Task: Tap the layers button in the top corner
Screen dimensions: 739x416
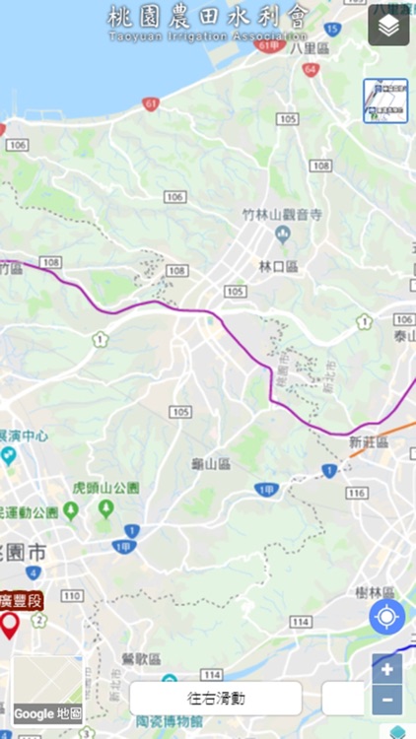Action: (x=388, y=27)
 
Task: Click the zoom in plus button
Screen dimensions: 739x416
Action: (x=387, y=669)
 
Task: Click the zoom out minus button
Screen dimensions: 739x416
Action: (x=387, y=700)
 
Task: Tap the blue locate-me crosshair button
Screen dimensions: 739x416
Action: (x=386, y=618)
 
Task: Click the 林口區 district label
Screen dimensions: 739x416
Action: (x=278, y=267)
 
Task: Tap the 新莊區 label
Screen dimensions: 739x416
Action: (x=369, y=443)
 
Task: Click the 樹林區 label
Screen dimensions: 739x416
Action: (x=376, y=593)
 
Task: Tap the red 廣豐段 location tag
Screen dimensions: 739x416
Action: (x=20, y=600)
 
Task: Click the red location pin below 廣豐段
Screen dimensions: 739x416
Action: (x=10, y=625)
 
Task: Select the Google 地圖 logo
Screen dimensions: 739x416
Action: (x=47, y=713)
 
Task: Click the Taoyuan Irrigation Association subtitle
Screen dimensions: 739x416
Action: (x=208, y=37)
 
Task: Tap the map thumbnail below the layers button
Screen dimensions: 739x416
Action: (x=385, y=101)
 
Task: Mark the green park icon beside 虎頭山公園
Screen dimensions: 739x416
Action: (x=105, y=508)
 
